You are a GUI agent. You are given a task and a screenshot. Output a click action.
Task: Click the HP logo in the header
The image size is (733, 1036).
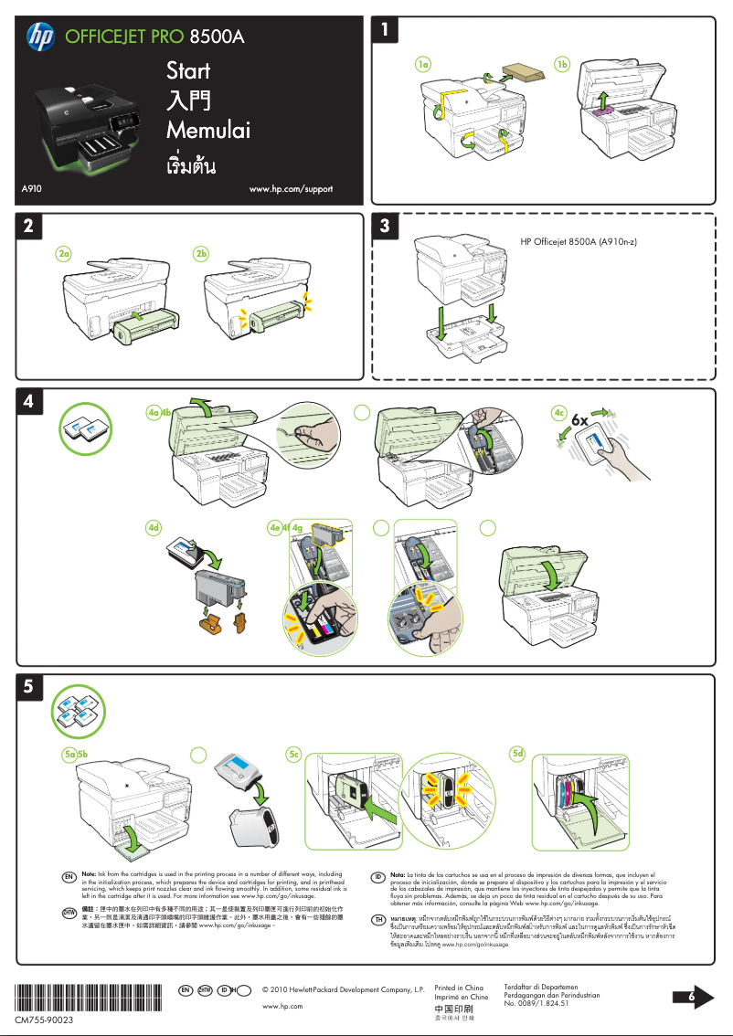(x=41, y=37)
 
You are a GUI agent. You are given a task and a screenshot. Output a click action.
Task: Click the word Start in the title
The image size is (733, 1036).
(x=188, y=71)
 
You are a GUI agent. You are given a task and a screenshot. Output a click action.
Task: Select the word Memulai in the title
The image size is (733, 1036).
(x=207, y=131)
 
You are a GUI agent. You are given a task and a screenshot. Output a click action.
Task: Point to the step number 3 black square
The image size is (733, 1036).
(x=389, y=226)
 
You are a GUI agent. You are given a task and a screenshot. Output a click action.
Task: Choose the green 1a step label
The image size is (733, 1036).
(x=422, y=65)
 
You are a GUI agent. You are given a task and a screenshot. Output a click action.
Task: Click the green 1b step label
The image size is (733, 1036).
(x=563, y=65)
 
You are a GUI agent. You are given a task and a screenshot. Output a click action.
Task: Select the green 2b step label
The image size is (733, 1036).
(x=203, y=252)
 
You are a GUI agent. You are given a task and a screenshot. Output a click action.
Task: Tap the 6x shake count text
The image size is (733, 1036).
(x=585, y=418)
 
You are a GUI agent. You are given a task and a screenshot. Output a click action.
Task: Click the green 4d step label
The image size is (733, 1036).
(x=155, y=527)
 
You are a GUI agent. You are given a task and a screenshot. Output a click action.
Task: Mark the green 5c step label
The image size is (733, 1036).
(x=293, y=754)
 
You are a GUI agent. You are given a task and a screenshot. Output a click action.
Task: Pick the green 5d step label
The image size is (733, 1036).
(x=518, y=754)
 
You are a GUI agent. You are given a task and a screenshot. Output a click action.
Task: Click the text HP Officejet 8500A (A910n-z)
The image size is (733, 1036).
(x=579, y=242)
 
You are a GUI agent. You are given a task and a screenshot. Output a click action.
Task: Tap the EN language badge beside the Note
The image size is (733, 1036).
(x=68, y=876)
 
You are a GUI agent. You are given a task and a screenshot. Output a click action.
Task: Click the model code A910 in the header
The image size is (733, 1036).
(x=35, y=189)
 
